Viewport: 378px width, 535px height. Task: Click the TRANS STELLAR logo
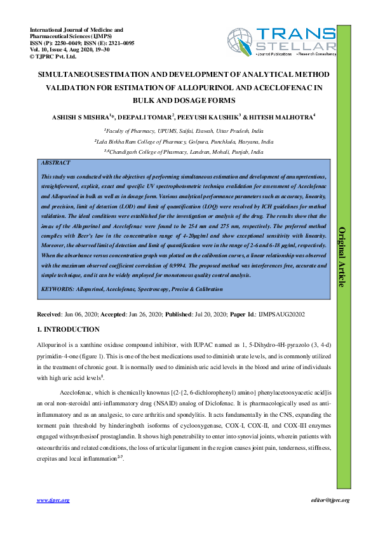(x=281, y=41)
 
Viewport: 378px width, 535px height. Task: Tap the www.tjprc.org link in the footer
(x=53, y=501)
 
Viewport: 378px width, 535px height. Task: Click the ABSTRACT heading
(x=55, y=163)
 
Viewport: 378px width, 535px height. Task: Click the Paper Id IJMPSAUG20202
(x=280, y=314)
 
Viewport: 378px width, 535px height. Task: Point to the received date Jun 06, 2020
(x=82, y=314)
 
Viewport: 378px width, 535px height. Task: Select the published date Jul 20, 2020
(x=206, y=314)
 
